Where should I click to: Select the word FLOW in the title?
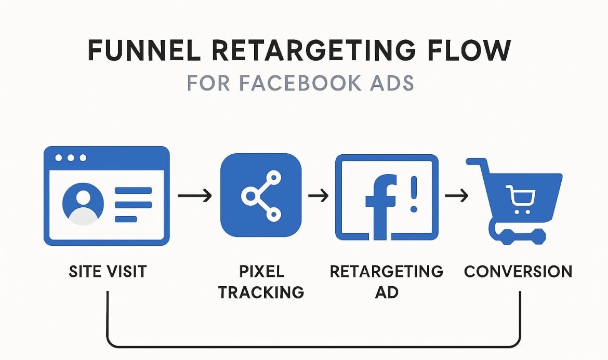[469, 50]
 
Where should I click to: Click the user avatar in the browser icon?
[83, 204]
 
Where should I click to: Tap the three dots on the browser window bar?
[71, 158]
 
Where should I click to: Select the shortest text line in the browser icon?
[126, 219]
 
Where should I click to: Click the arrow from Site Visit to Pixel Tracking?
[195, 195]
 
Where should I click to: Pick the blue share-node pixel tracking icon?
[260, 195]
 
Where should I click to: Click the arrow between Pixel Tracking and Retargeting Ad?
[319, 195]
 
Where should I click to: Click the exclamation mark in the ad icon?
[414, 194]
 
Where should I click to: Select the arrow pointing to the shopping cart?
[456, 195]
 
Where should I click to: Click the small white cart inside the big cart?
[521, 199]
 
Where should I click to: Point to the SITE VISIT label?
[108, 271]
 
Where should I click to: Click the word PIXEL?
[262, 271]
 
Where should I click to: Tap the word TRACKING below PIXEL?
[261, 292]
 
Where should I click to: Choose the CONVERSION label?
[518, 271]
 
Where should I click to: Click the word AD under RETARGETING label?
[387, 292]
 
